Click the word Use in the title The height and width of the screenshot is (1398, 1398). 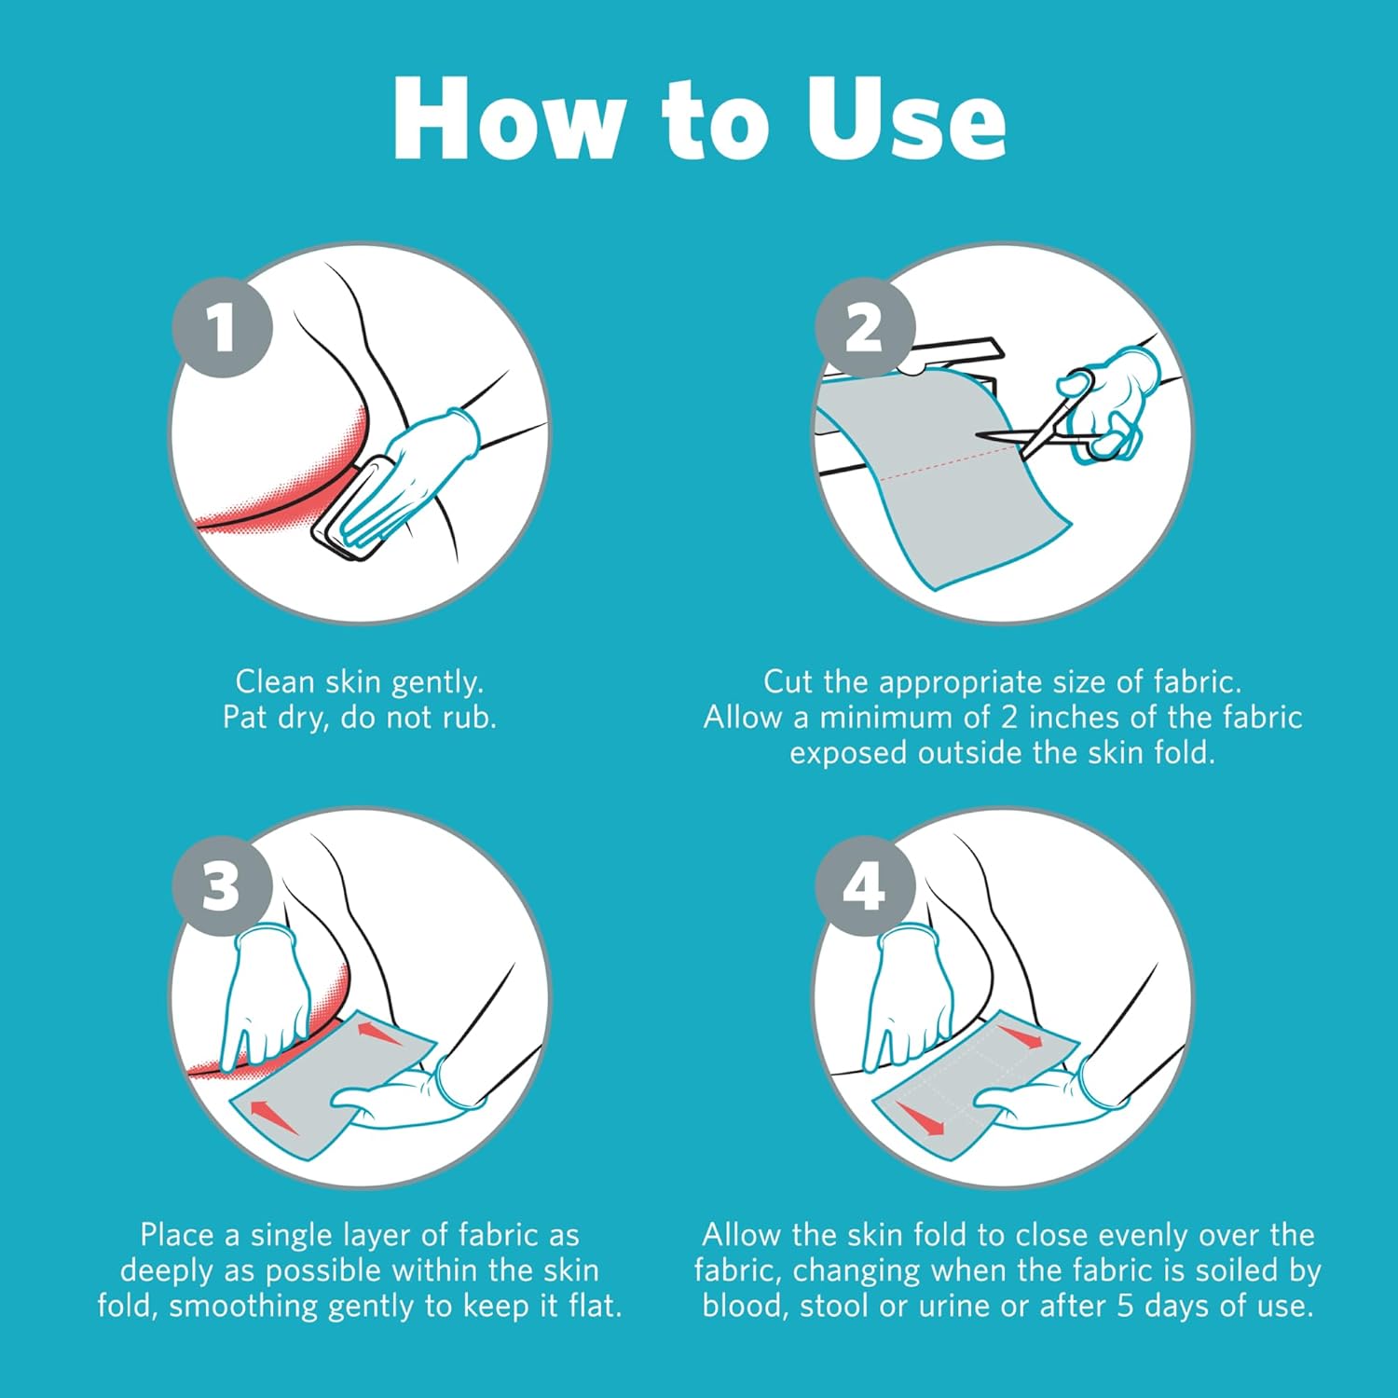point(906,119)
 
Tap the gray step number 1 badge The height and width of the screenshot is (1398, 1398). point(222,327)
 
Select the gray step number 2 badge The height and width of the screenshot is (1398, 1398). point(865,327)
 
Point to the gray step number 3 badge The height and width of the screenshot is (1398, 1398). point(222,885)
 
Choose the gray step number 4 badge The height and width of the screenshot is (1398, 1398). point(865,885)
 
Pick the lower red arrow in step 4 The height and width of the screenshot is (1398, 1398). point(919,1116)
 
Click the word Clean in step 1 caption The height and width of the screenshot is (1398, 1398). point(276,682)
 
